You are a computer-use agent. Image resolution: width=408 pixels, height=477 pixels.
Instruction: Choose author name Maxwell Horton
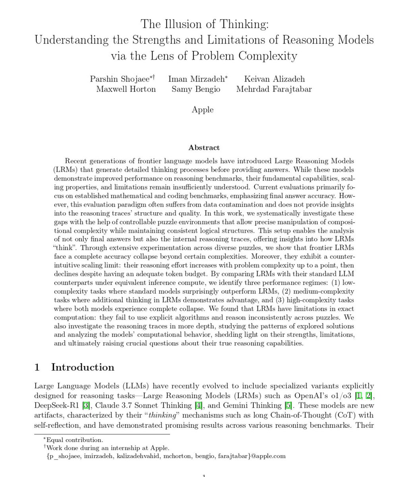126,89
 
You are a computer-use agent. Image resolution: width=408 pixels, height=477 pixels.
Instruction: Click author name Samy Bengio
196,89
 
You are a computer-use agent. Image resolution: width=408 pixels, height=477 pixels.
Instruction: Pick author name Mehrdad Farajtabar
274,89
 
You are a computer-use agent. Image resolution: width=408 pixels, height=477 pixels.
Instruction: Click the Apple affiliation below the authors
203,109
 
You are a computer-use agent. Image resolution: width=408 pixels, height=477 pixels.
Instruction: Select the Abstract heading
204,147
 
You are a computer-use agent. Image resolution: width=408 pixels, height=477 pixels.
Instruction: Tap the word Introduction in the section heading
83,367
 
